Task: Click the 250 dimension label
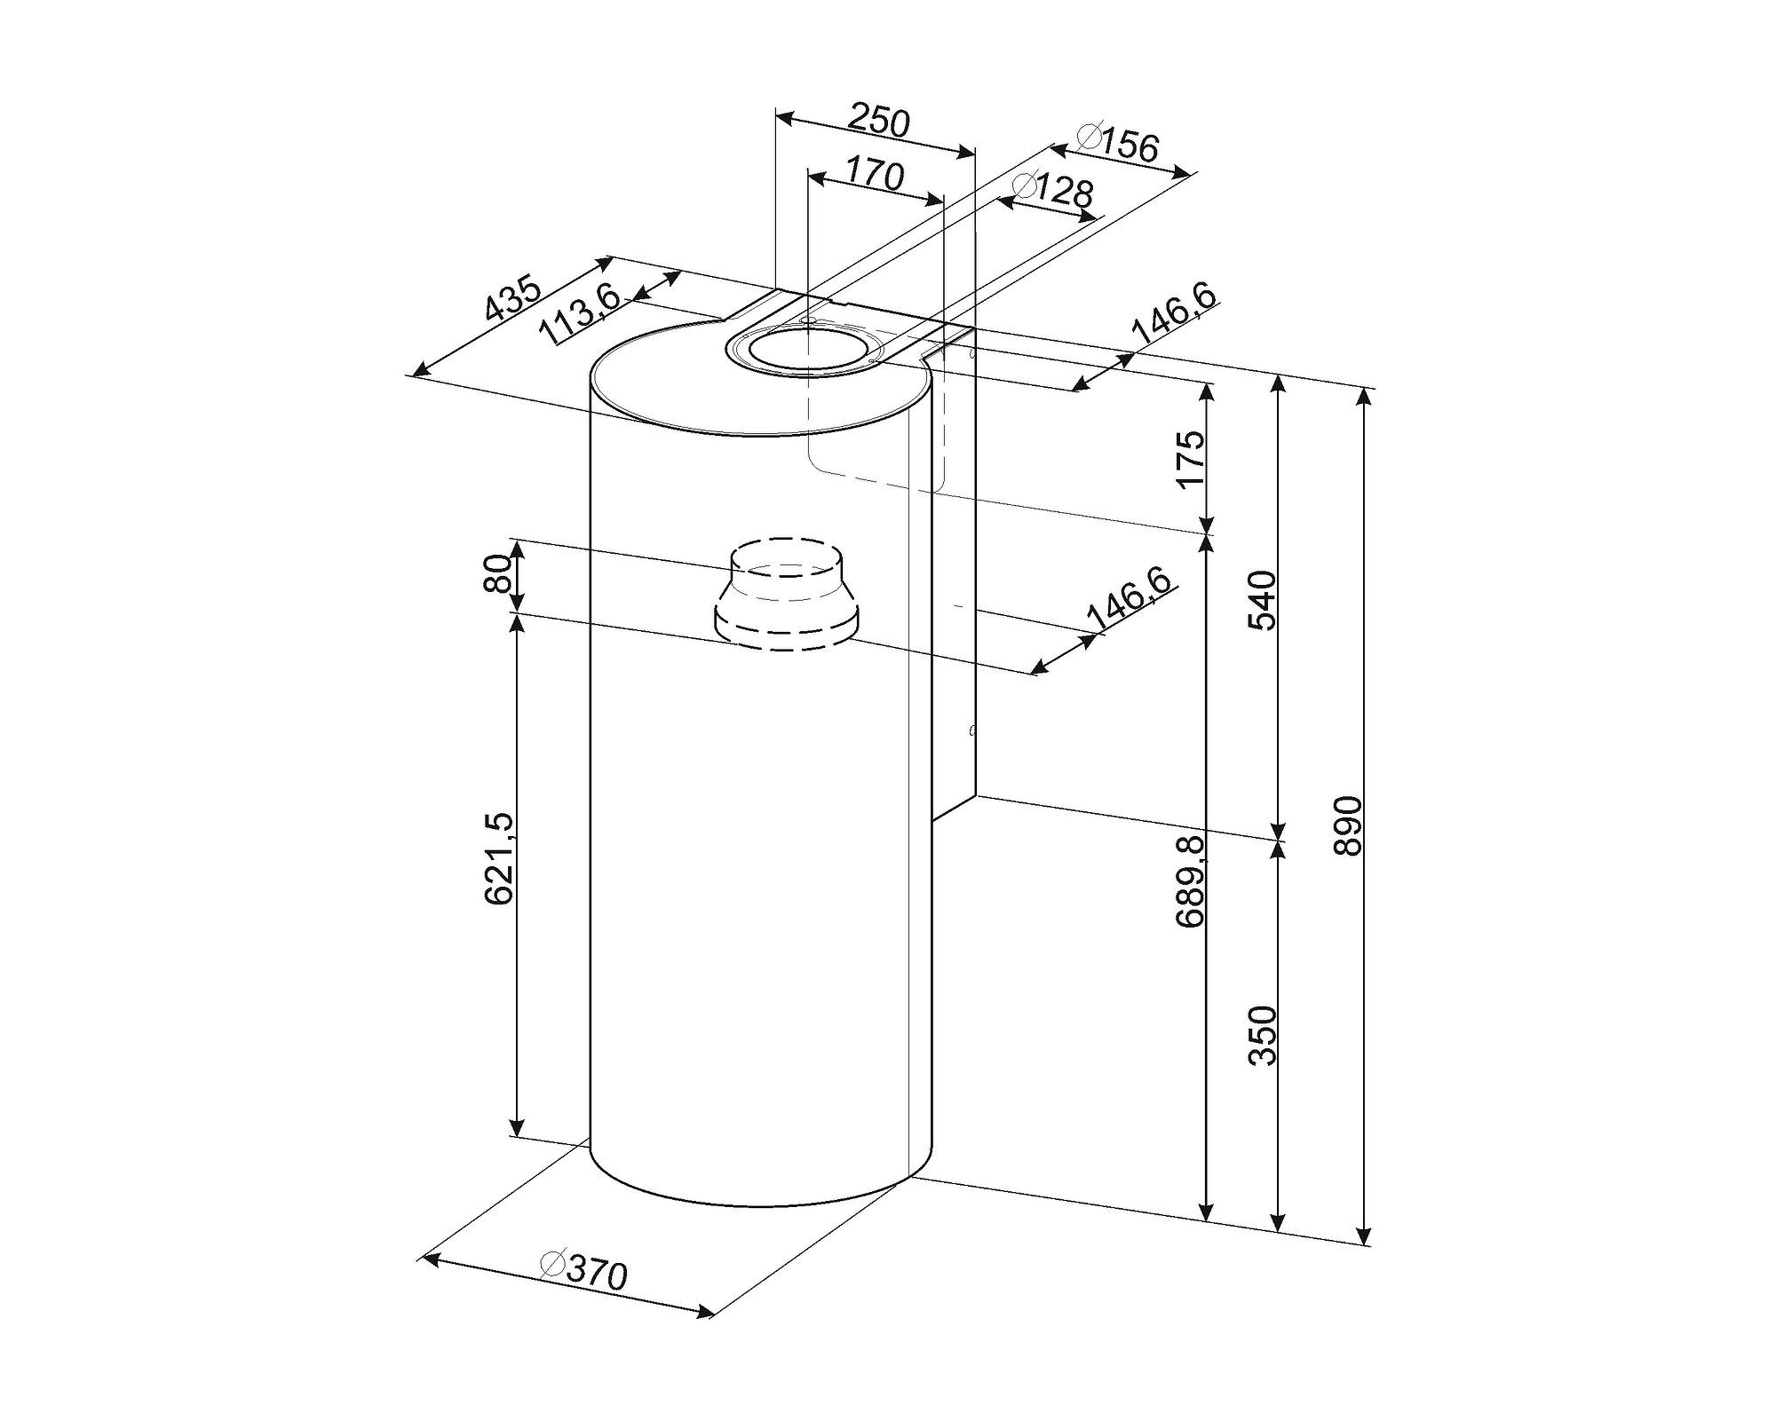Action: [879, 121]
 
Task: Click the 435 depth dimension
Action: [512, 297]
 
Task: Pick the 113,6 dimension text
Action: [583, 315]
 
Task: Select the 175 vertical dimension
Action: [1189, 459]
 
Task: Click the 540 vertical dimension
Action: [1262, 600]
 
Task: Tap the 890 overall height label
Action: [1347, 826]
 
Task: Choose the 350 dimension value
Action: [1262, 1035]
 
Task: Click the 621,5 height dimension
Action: [499, 858]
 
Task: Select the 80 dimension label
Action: [499, 573]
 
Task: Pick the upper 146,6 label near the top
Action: [1173, 315]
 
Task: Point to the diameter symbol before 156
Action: [1089, 137]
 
